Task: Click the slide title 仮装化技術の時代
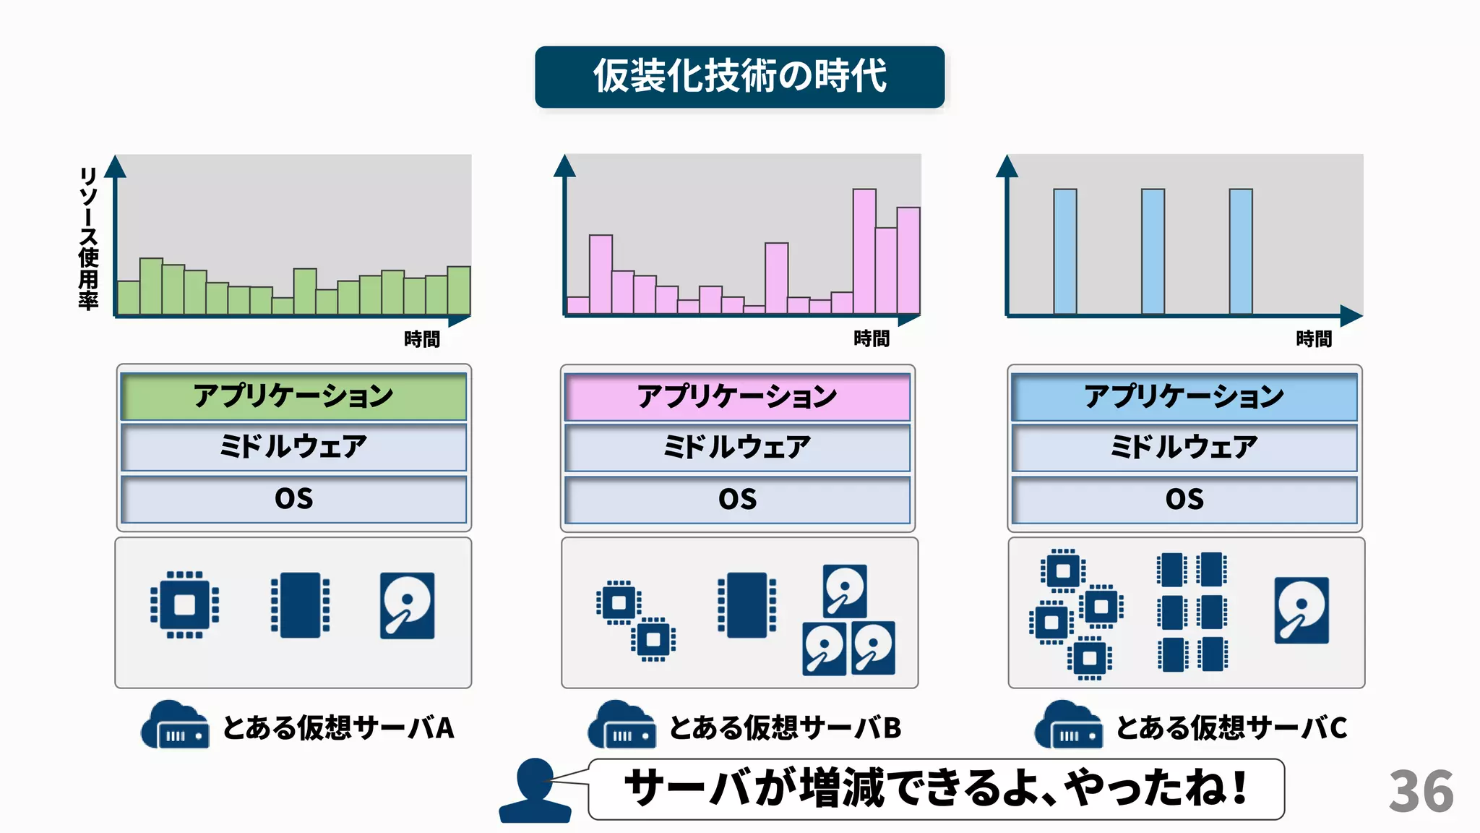739,77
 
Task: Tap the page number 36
1420,792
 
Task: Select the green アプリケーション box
293,396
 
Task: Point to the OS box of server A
293,499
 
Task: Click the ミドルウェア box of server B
737,448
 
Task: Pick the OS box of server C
1184,500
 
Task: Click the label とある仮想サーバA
338,727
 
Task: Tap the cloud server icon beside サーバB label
621,725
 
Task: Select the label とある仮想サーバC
1231,727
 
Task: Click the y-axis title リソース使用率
88,239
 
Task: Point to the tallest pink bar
864,251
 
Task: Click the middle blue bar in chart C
1153,251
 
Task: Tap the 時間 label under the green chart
422,339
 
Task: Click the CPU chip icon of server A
184,605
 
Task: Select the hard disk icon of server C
1302,610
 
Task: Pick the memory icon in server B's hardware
747,605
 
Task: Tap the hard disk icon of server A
408,605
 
